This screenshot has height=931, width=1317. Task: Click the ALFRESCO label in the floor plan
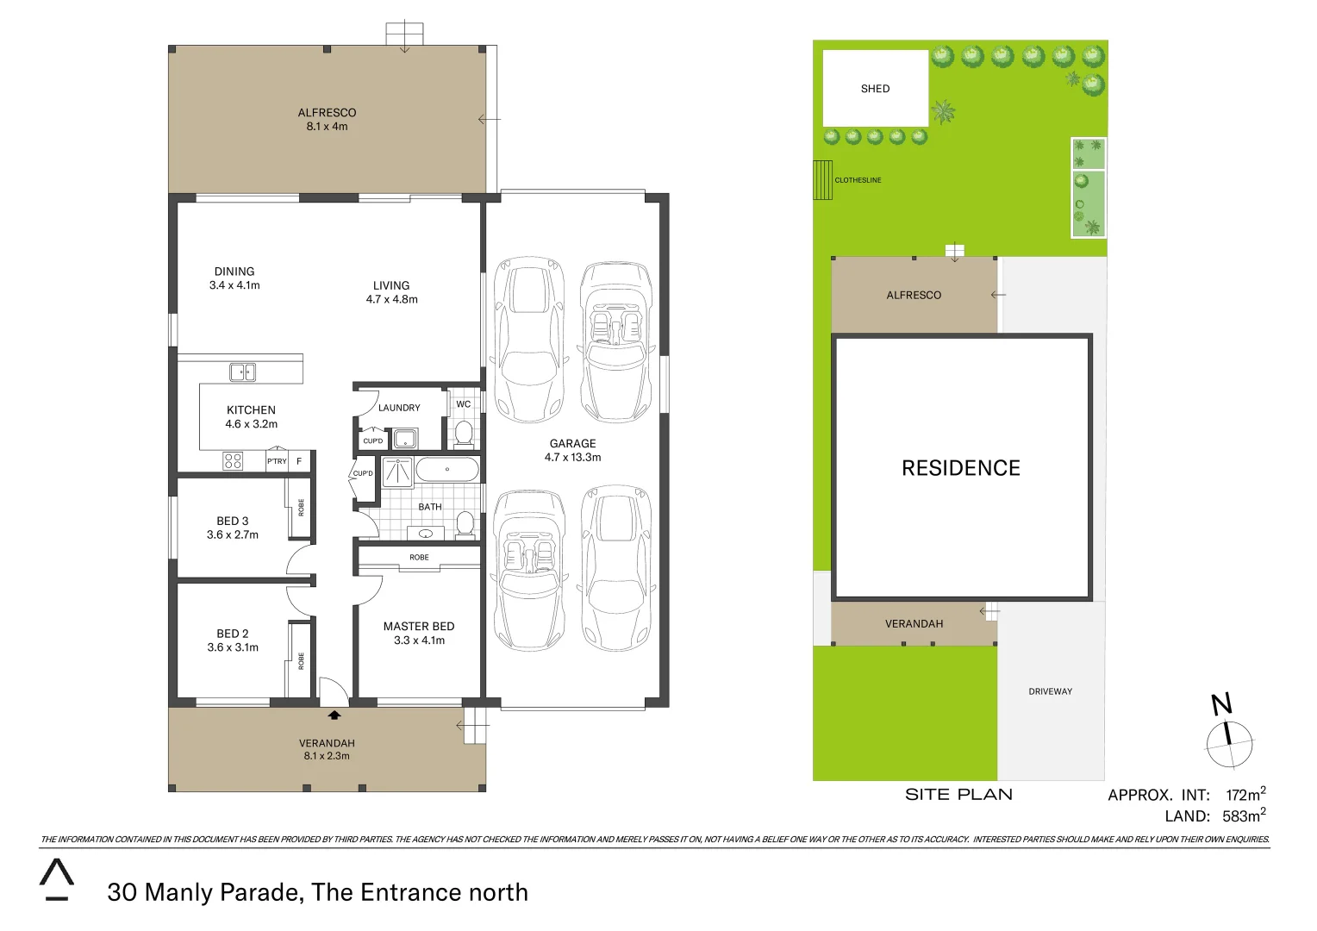(x=327, y=113)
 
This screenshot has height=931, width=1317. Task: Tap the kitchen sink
(x=242, y=372)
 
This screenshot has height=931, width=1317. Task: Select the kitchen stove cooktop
(x=233, y=461)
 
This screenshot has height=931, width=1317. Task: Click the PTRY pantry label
(x=277, y=461)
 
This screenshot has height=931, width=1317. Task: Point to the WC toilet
(x=464, y=432)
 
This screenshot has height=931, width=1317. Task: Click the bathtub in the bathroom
(x=446, y=470)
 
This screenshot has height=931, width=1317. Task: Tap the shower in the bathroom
(x=397, y=472)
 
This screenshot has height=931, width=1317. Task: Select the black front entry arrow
(x=334, y=715)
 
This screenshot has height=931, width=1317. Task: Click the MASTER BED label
(x=419, y=627)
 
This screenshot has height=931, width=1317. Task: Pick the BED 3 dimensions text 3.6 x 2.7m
(x=233, y=535)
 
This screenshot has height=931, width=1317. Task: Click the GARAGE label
(x=572, y=444)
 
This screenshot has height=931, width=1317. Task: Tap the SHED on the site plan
(x=875, y=89)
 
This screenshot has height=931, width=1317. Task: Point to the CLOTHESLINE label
(x=858, y=180)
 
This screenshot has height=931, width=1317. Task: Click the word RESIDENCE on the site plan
(x=960, y=468)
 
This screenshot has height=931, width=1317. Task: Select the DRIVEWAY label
(x=1050, y=691)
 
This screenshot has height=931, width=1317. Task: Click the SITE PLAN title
(x=958, y=795)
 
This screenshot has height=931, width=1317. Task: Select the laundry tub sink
(x=404, y=439)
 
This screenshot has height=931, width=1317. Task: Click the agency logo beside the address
(x=57, y=879)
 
